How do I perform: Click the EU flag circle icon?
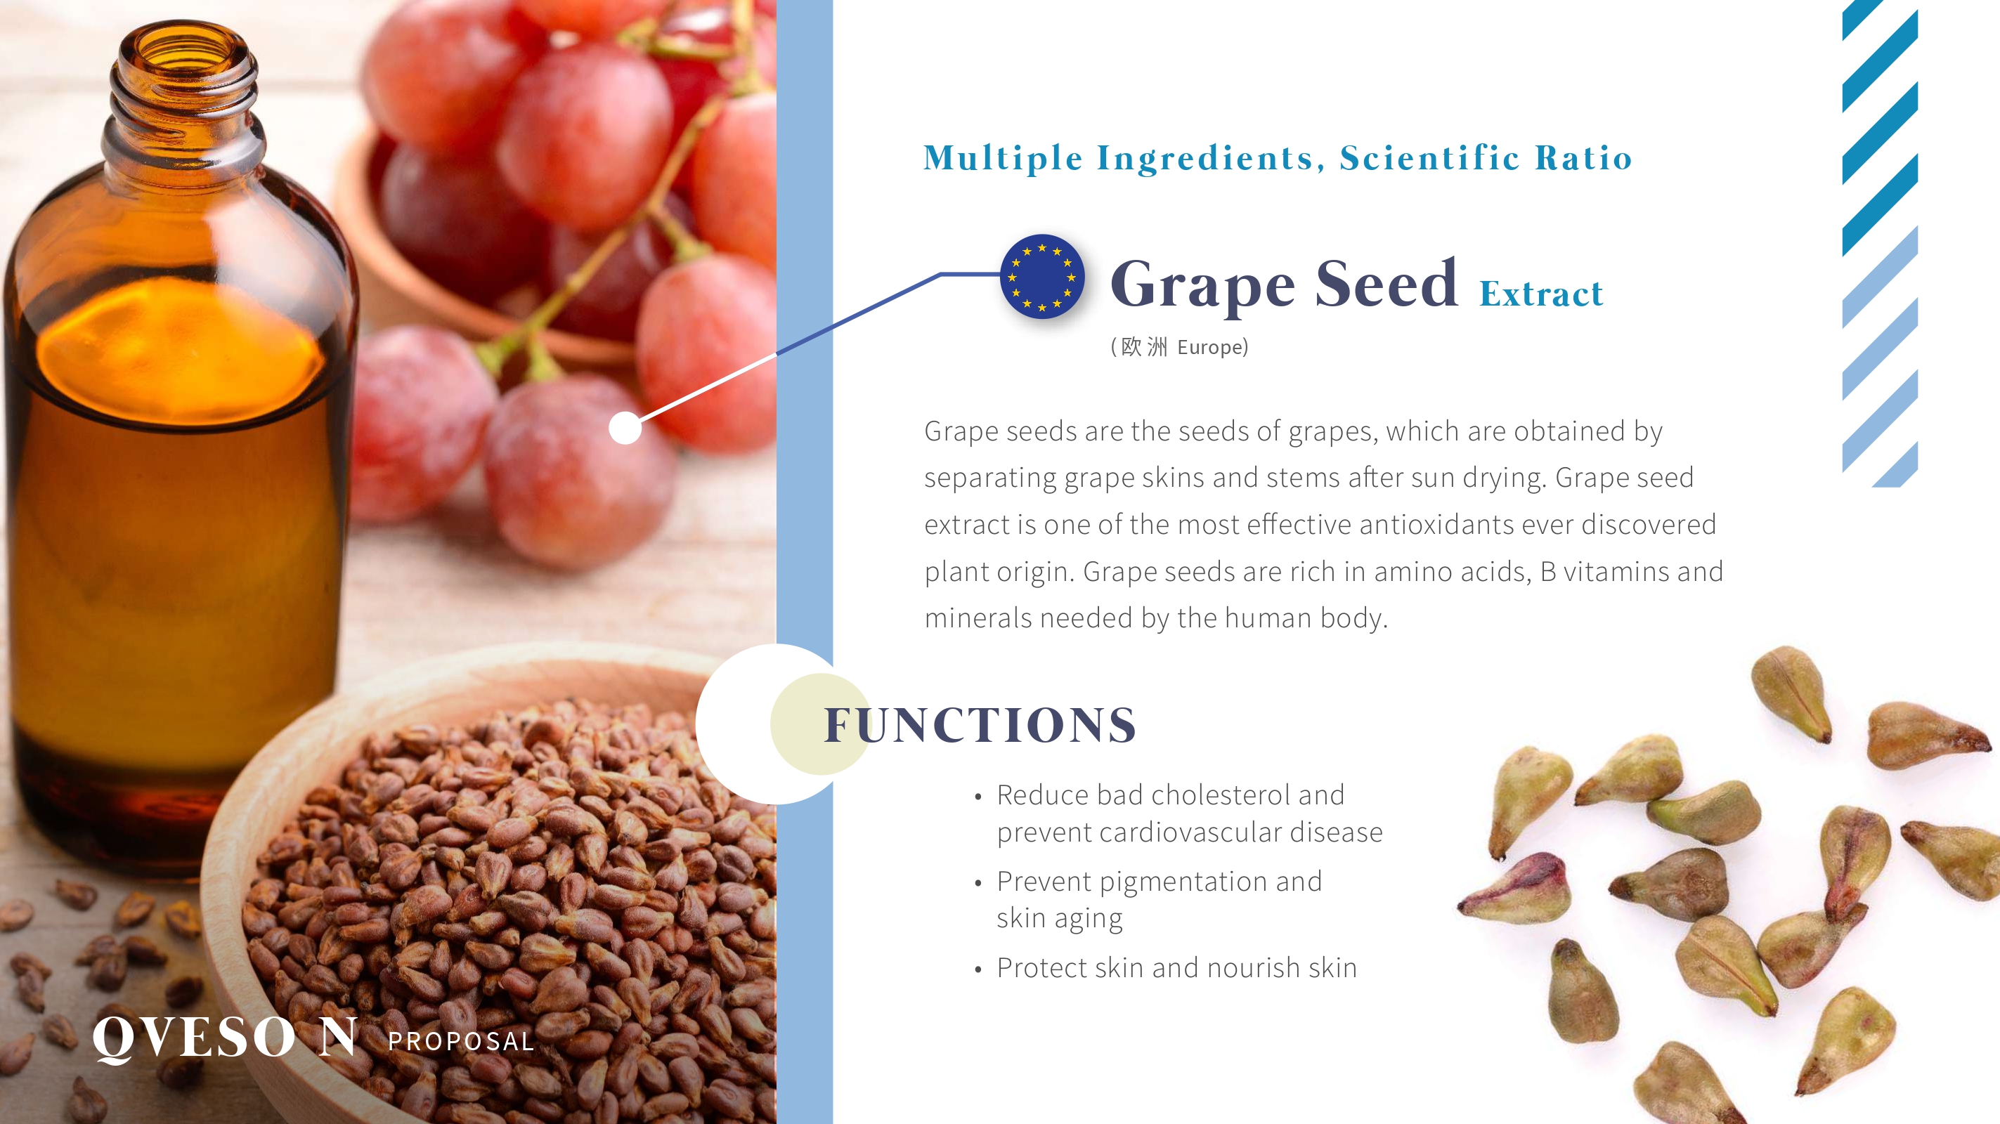(x=1042, y=277)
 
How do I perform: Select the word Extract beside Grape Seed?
(x=1541, y=294)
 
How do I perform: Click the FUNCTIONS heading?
(x=980, y=725)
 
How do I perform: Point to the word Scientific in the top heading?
(x=1429, y=157)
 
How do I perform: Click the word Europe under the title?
(x=1209, y=347)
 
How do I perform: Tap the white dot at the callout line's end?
(x=625, y=428)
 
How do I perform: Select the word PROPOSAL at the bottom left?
(x=461, y=1041)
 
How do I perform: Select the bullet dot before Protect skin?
(x=978, y=969)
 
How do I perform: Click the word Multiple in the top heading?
(x=1003, y=158)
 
